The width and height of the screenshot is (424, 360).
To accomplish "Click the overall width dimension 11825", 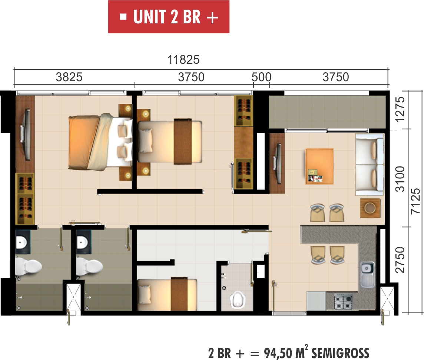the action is tap(183, 59).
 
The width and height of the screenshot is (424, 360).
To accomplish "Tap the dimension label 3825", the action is tap(69, 77).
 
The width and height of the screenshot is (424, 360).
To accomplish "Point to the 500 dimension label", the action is tap(261, 77).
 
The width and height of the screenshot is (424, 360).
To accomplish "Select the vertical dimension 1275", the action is tap(400, 109).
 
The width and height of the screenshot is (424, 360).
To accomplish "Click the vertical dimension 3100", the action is tap(400, 179).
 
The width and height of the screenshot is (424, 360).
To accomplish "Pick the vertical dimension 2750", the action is tap(400, 260).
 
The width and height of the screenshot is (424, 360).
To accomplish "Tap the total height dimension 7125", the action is tap(415, 201).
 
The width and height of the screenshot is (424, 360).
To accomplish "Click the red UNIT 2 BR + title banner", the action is tap(169, 17).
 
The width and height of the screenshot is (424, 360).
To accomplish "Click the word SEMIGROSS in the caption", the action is tap(340, 353).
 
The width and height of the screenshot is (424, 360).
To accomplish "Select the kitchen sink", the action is tap(368, 274).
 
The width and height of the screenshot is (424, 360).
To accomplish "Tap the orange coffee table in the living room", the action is tap(319, 166).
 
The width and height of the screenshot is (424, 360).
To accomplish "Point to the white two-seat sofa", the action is tap(370, 165).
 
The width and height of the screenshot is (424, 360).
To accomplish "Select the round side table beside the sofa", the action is tap(370, 208).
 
